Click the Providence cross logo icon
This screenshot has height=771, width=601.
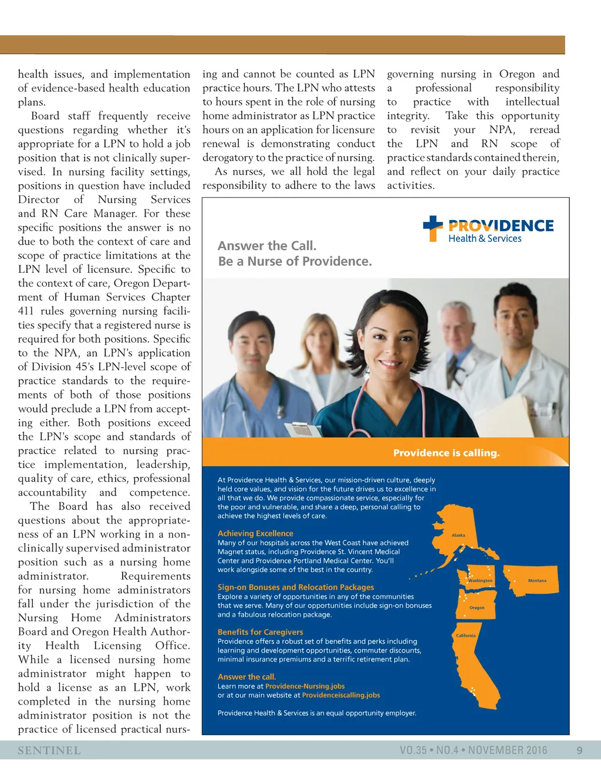pyautogui.click(x=433, y=228)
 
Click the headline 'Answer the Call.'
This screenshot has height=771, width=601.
pyautogui.click(x=267, y=246)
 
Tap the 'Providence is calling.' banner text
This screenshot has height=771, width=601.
pyautogui.click(x=446, y=453)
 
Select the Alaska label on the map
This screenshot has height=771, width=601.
pyautogui.click(x=458, y=535)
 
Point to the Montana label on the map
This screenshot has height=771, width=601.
pyautogui.click(x=537, y=581)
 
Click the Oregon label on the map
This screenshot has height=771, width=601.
pyautogui.click(x=477, y=608)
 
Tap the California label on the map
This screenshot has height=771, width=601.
pyautogui.click(x=466, y=635)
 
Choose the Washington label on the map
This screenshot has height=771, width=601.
pyautogui.click(x=481, y=581)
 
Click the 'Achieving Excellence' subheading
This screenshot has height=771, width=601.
pyautogui.click(x=255, y=533)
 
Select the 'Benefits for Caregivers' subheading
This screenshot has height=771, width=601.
pyautogui.click(x=260, y=632)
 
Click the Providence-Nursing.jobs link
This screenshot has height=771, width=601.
pyautogui.click(x=305, y=686)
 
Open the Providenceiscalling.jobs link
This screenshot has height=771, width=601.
pyautogui.click(x=341, y=695)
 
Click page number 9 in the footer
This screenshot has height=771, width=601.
pyautogui.click(x=579, y=750)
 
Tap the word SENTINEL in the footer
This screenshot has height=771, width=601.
pyautogui.click(x=49, y=750)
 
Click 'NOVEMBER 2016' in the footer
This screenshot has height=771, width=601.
pyautogui.click(x=508, y=750)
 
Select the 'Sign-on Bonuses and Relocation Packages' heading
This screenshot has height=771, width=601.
pyautogui.click(x=295, y=587)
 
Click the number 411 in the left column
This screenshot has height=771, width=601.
pyautogui.click(x=26, y=311)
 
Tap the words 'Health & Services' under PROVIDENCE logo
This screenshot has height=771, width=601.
pyautogui.click(x=485, y=239)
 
